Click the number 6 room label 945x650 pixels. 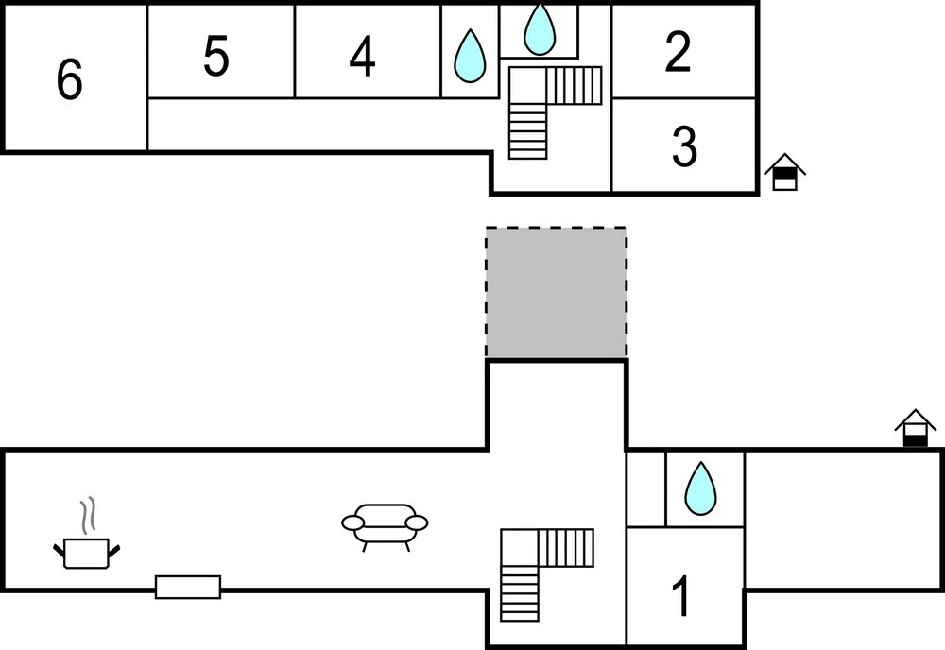tap(69, 79)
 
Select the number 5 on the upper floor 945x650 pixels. tap(216, 57)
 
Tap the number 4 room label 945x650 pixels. tap(362, 57)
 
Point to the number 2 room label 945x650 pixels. tap(678, 53)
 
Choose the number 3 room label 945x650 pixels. tap(684, 146)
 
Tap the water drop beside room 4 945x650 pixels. tap(469, 55)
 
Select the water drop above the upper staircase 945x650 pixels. tap(540, 29)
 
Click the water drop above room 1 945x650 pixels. tap(700, 488)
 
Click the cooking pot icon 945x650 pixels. tap(87, 552)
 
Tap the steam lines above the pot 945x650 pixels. tap(88, 515)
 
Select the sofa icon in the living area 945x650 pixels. tap(385, 522)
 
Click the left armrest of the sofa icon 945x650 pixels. tap(352, 522)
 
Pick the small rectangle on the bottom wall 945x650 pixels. tap(188, 587)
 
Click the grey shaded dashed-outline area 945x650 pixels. tap(556, 293)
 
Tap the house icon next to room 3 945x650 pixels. tap(784, 172)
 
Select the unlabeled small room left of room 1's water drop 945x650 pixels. tap(646, 488)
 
